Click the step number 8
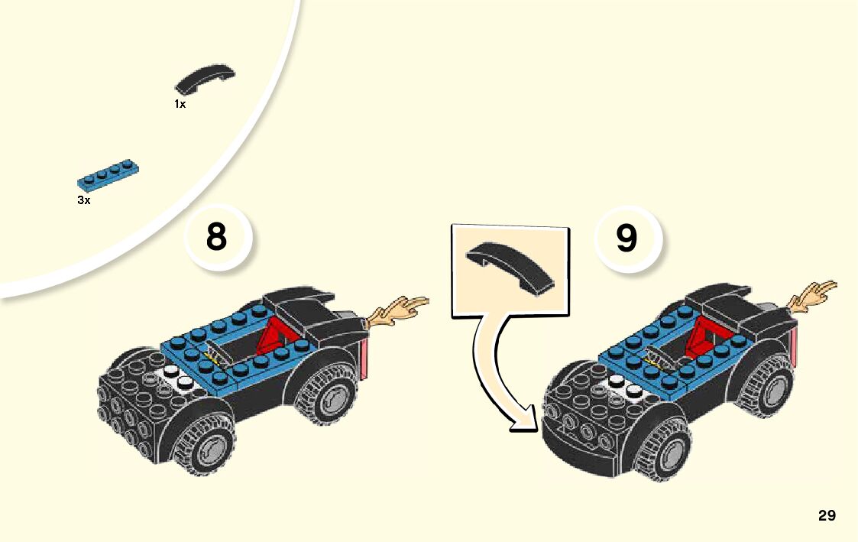tap(217, 237)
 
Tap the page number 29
tap(827, 515)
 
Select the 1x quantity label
tap(180, 104)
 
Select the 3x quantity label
tap(84, 200)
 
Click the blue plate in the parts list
tap(108, 174)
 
